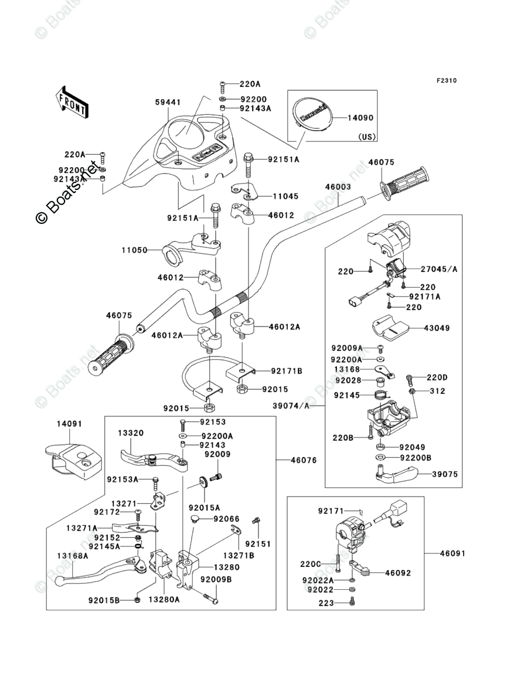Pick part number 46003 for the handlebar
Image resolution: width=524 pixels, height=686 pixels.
pyautogui.click(x=338, y=187)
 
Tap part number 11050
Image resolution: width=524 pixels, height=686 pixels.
pyautogui.click(x=135, y=250)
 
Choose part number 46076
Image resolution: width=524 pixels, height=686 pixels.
pyautogui.click(x=304, y=460)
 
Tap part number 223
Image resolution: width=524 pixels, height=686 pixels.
pyautogui.click(x=326, y=603)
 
